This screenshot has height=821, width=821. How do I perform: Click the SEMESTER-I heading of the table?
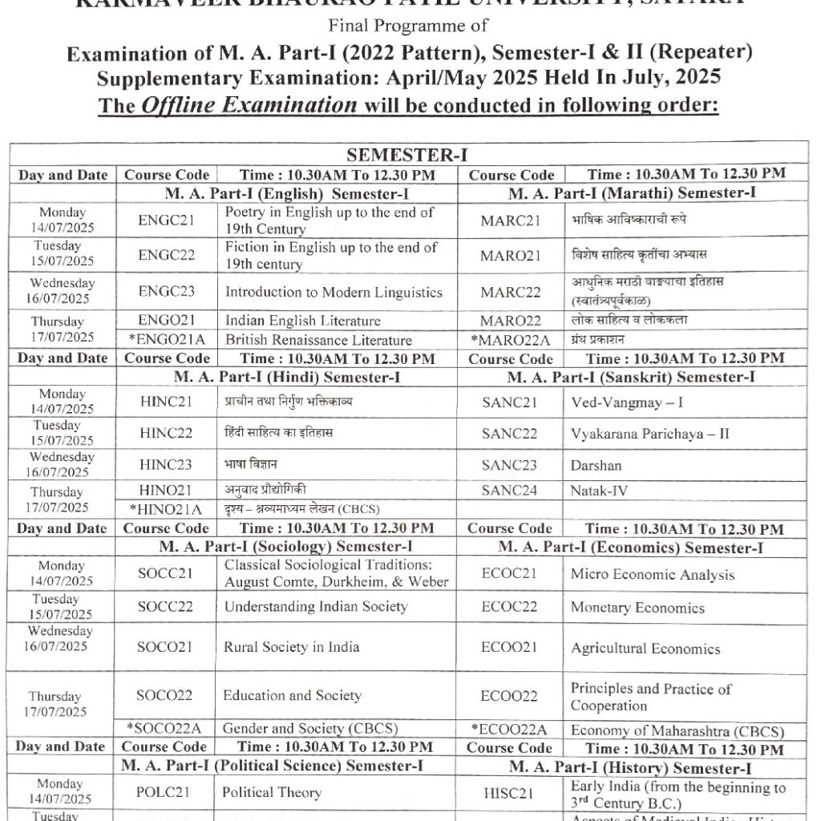[408, 155]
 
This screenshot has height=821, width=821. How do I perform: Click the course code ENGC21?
[166, 220]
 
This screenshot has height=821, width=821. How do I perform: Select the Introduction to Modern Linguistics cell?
[334, 292]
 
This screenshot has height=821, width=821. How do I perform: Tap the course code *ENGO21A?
[166, 340]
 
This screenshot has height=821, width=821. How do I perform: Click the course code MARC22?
[509, 292]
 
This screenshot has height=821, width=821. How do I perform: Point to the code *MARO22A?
[509, 340]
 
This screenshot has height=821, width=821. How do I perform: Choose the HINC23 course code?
[166, 464]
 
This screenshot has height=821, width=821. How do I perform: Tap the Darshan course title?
[597, 465]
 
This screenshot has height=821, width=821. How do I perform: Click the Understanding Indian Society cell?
[316, 606]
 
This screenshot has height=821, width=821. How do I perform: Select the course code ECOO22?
[509, 696]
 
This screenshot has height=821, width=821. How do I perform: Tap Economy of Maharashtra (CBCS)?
[677, 730]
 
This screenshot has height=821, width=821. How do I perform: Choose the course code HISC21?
[509, 792]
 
